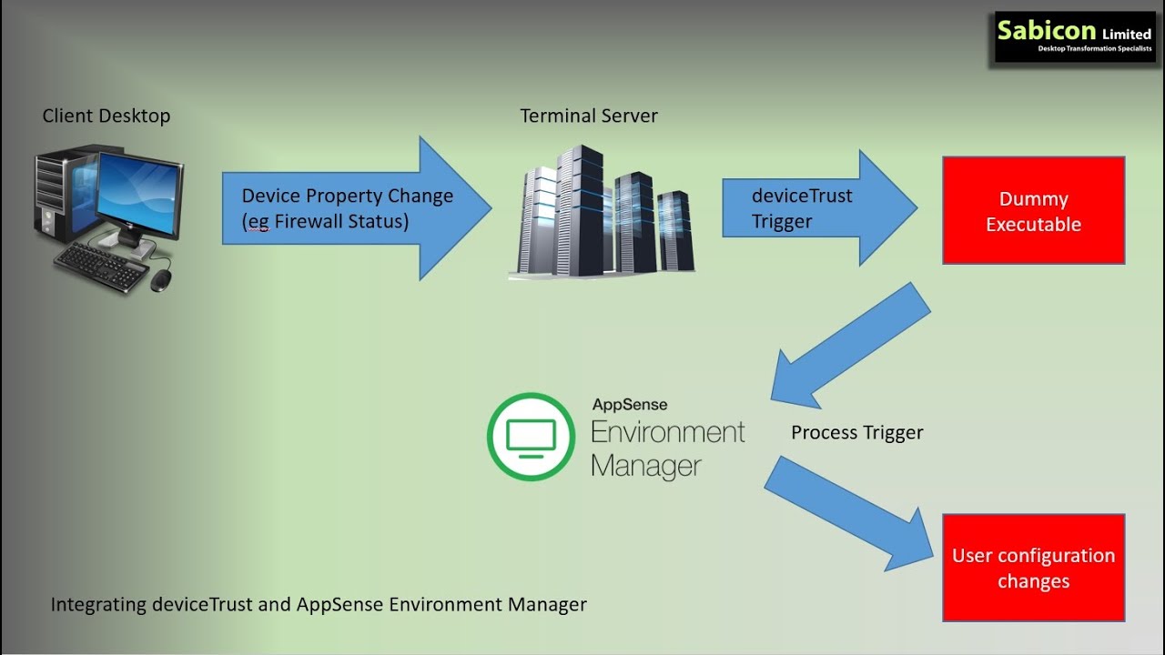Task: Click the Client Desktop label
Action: tap(106, 116)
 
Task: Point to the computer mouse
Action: tap(160, 280)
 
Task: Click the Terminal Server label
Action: tap(588, 116)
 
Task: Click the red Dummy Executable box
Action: tap(1033, 211)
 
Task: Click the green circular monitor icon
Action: tap(531, 437)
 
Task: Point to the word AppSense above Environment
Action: tap(629, 404)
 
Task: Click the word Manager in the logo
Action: tap(645, 467)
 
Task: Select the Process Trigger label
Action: tap(856, 433)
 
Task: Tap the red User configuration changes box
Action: tap(1033, 568)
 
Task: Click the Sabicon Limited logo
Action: tap(1074, 36)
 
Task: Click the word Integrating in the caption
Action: tap(98, 604)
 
